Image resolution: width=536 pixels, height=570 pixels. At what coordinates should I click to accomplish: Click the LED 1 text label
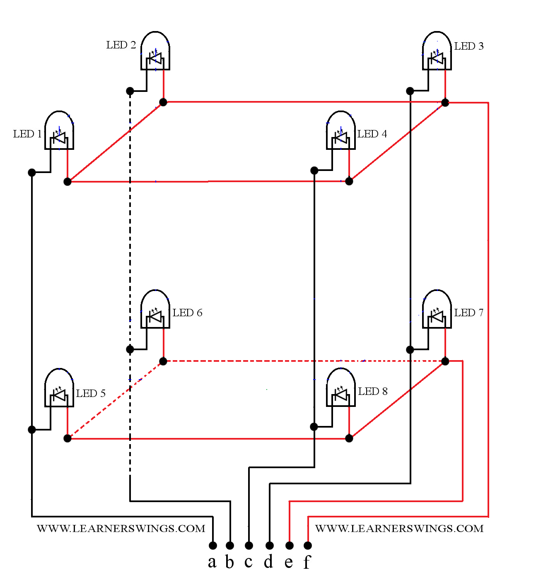[x=27, y=134]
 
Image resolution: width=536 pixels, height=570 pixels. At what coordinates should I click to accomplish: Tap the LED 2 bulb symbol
[x=155, y=51]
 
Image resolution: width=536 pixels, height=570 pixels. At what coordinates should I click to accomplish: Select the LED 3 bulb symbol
[x=437, y=51]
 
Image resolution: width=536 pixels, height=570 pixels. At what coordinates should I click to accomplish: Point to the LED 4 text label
[x=372, y=134]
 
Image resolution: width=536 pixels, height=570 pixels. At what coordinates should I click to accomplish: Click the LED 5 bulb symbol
[x=59, y=387]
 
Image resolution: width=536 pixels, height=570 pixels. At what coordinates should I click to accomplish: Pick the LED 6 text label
[x=187, y=313]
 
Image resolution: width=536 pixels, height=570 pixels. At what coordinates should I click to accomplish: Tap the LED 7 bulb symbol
[x=437, y=309]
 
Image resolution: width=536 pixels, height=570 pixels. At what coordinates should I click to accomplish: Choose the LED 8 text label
[x=373, y=391]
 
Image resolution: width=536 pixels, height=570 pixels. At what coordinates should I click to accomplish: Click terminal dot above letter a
[x=213, y=545]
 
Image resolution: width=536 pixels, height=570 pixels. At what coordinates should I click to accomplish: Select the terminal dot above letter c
[x=249, y=545]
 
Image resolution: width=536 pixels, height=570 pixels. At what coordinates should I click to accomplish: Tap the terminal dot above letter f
[x=308, y=545]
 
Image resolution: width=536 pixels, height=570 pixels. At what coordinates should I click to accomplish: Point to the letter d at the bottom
[x=268, y=561]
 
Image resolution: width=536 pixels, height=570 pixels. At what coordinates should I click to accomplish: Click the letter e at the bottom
[x=289, y=563]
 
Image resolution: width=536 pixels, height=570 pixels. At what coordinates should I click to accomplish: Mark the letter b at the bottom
[x=229, y=561]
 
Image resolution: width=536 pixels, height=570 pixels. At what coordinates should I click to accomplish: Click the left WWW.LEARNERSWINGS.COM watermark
[x=121, y=529]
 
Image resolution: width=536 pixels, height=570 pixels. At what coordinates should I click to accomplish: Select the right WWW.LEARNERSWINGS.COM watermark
[x=399, y=529]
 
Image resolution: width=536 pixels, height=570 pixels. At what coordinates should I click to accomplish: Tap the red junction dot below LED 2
[x=163, y=102]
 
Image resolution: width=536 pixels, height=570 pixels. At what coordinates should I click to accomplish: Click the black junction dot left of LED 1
[x=32, y=173]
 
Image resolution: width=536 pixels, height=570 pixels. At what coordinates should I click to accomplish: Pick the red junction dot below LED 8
[x=349, y=438]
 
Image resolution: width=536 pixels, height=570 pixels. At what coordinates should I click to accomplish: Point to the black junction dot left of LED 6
[x=130, y=349]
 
